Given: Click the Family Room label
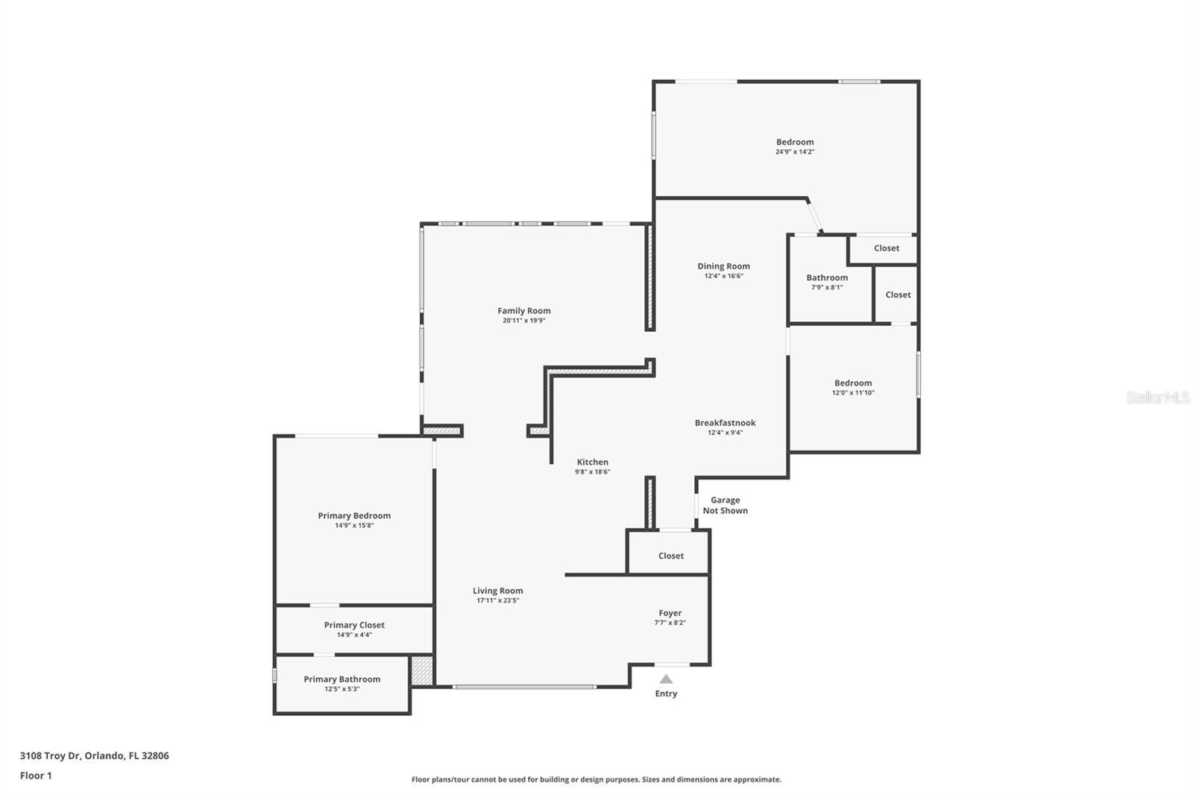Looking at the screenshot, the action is (524, 311).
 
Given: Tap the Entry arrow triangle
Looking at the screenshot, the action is (667, 679).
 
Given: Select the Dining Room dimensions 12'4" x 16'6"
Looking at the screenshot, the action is (723, 276).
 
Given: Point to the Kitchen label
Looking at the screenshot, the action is (592, 462).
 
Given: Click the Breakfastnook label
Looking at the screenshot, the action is (725, 423).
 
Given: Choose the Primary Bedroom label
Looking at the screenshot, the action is (354, 515).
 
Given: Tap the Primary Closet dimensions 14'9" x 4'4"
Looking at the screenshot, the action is (354, 635).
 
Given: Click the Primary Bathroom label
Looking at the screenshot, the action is (342, 679).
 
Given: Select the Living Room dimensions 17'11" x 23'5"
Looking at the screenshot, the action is (497, 600).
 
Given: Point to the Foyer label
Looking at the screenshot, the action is (670, 613).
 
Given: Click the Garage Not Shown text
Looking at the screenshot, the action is (725, 505).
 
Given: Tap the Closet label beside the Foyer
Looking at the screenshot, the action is (670, 556).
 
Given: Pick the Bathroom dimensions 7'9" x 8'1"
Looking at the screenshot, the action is (827, 287).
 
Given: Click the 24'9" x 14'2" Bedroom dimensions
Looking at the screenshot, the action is (795, 152).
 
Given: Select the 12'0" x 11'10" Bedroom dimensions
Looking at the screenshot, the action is (853, 393).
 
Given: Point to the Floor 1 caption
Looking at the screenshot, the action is (36, 776).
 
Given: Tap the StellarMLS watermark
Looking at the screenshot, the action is (1158, 397).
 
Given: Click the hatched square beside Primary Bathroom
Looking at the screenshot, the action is (422, 671).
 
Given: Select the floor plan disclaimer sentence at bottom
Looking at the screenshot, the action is (596, 779).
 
